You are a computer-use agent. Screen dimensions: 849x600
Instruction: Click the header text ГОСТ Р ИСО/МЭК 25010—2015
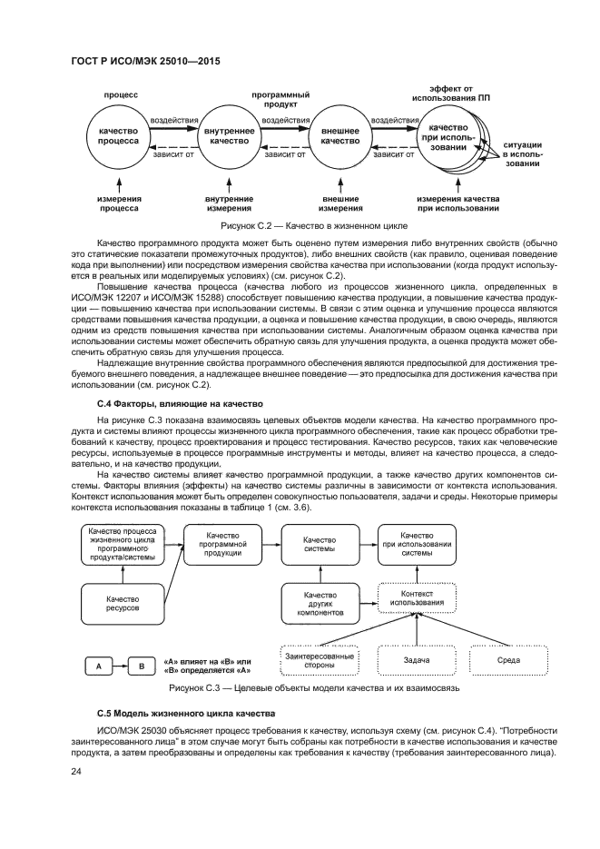pyautogui.click(x=145, y=61)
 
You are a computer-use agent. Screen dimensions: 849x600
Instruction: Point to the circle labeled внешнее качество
pyautogui.click(x=340, y=136)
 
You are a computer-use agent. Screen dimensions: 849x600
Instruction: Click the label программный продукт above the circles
pyautogui.click(x=280, y=99)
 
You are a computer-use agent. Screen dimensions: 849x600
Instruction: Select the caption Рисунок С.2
pyautogui.click(x=308, y=224)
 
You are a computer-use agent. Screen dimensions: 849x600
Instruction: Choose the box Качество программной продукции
pyautogui.click(x=222, y=543)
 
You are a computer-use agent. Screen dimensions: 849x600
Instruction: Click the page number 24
pyautogui.click(x=76, y=771)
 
